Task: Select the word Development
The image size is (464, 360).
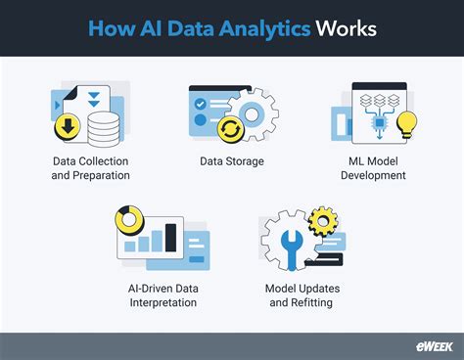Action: [373, 176]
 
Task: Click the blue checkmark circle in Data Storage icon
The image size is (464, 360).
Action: [202, 103]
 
